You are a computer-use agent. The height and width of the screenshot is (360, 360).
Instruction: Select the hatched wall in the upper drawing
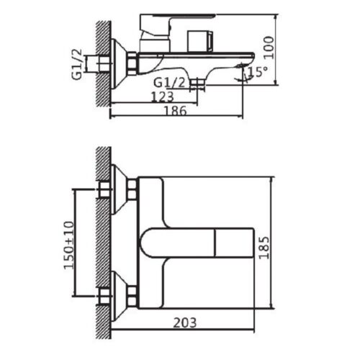point(103,61)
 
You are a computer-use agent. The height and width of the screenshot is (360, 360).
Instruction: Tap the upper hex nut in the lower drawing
point(131,189)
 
